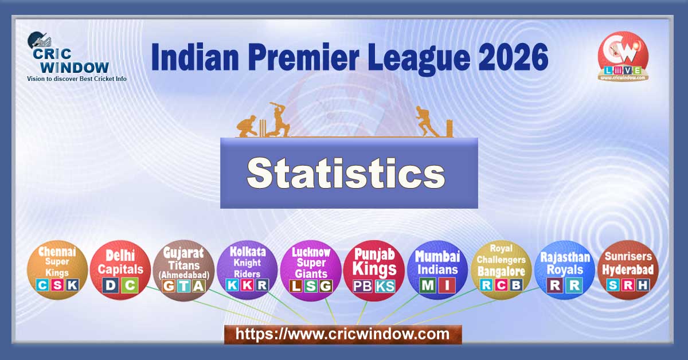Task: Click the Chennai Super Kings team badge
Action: [x=57, y=269]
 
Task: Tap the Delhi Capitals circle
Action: [x=120, y=269]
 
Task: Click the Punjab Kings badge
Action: [x=374, y=269]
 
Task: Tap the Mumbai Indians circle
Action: [x=437, y=269]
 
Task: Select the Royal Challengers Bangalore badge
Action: [x=501, y=269]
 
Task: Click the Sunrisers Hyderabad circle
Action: [x=627, y=269]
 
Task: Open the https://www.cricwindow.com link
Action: [x=342, y=334]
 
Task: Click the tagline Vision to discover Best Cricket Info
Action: [x=77, y=79]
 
